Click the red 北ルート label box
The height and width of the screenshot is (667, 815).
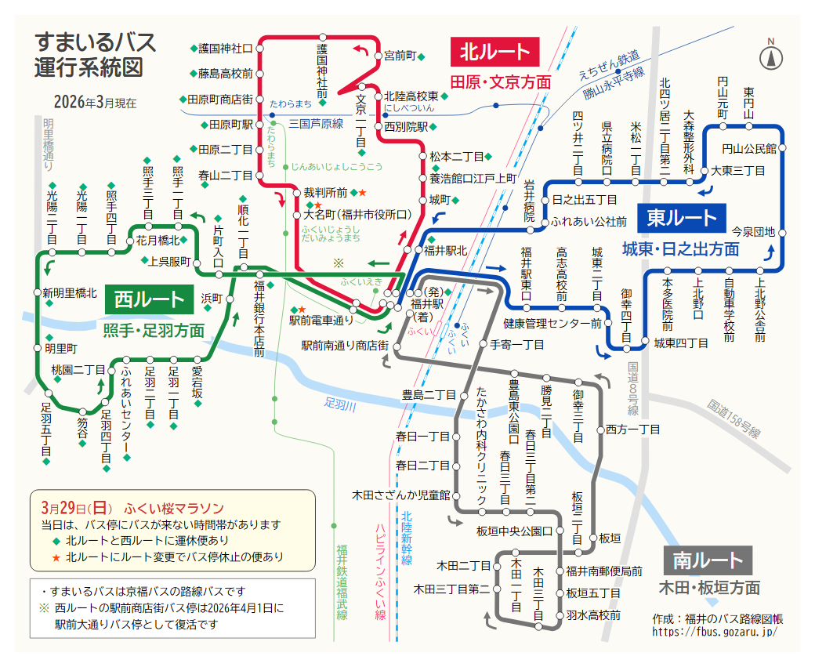(x=494, y=53)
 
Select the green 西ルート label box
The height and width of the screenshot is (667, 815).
(x=149, y=299)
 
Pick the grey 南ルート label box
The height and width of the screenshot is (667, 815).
(x=707, y=560)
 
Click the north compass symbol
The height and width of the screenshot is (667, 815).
(x=771, y=56)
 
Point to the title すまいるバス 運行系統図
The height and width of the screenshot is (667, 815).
(x=95, y=54)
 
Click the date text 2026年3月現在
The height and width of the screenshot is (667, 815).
(x=95, y=102)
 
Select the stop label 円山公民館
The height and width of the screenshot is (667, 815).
(x=748, y=147)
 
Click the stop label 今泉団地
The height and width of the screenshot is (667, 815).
(x=752, y=232)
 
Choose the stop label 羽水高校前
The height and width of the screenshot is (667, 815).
(x=593, y=615)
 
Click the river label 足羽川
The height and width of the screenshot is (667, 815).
(x=340, y=406)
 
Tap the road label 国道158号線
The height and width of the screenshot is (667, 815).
(x=733, y=419)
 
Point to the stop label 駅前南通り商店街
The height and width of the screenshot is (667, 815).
(x=345, y=346)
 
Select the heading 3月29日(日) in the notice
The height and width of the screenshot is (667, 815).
(x=78, y=506)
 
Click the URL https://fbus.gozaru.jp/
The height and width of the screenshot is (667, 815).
(x=714, y=631)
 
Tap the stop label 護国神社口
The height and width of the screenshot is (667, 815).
(x=226, y=49)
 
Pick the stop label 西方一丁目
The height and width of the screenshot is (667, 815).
(x=633, y=430)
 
